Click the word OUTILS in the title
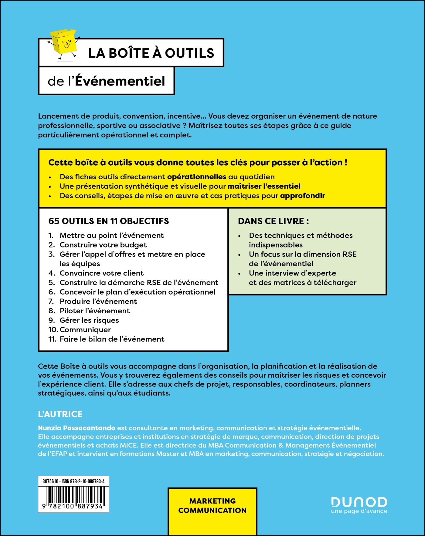pos(189,53)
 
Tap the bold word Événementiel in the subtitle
pos(120,81)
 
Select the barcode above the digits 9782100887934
pos(73,494)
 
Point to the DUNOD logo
pos(359,502)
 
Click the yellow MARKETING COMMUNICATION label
pos(212,506)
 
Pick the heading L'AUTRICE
pos(60,414)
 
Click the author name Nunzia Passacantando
pos(76,428)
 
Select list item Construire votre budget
pos(103,245)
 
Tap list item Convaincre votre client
pos(101,273)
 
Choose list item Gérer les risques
pos(89,320)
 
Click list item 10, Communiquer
pos(85,329)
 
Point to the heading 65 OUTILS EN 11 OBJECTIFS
pos(108,221)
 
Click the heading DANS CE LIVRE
pos(273,221)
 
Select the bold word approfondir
pos(302,196)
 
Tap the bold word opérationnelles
pos(197,177)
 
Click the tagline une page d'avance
pos(359,511)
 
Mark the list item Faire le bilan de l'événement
pos(112,339)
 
